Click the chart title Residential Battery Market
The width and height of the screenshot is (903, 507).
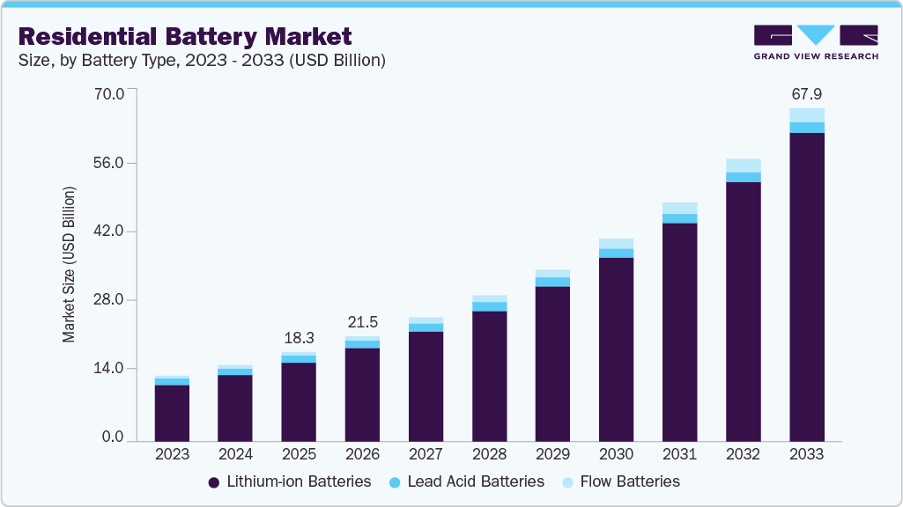click(x=185, y=36)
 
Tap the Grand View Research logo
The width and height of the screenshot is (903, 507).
click(x=815, y=41)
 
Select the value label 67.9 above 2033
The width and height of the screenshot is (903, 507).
click(x=806, y=94)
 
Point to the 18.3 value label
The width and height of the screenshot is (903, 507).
click(x=299, y=338)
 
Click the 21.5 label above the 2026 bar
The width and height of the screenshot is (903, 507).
click(x=362, y=322)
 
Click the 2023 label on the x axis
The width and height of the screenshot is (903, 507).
click(x=172, y=455)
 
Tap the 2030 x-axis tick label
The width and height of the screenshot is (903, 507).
click(x=616, y=455)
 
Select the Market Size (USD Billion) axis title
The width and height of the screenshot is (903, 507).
click(x=69, y=264)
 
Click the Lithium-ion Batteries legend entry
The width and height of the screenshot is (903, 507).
click(x=290, y=482)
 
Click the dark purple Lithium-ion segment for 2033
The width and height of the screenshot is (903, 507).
click(x=806, y=286)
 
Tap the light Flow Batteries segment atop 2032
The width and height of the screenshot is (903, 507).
click(x=743, y=165)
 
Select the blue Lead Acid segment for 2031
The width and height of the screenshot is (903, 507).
click(x=679, y=218)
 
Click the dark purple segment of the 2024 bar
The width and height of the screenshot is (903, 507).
click(x=235, y=408)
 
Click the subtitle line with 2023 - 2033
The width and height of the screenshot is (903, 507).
click(x=202, y=61)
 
